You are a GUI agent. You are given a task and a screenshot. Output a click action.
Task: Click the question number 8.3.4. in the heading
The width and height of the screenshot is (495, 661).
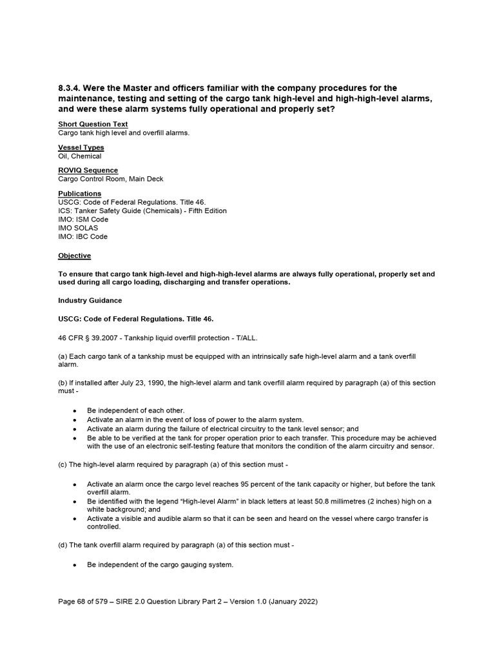point(71,88)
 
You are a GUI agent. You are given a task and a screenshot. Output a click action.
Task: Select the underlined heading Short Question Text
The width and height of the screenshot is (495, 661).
point(93,124)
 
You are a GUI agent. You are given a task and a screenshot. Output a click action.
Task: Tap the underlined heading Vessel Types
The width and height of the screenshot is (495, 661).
point(81,147)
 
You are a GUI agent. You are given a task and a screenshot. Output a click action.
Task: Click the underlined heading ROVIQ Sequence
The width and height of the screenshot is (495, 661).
point(88,170)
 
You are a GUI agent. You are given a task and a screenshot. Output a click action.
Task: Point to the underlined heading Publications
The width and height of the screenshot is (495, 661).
point(79,194)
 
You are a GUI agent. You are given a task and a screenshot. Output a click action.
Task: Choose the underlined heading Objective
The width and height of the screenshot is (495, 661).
point(74,256)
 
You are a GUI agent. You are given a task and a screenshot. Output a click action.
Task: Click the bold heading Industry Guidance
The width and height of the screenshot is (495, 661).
point(90,300)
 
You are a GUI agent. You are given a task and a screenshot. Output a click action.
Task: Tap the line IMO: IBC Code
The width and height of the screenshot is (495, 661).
point(83,236)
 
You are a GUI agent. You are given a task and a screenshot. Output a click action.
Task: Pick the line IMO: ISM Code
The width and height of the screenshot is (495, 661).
point(83,219)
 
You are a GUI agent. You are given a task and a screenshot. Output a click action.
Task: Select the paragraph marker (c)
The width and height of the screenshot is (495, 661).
point(63,464)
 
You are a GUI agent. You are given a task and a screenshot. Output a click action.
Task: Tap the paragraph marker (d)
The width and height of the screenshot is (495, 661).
point(63,545)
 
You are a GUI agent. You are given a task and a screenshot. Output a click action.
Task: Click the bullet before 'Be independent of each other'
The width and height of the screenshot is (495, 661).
point(75,411)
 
